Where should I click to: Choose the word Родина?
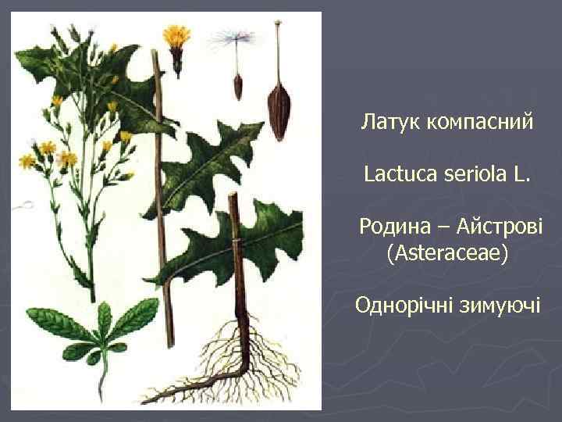pos(394,227)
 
